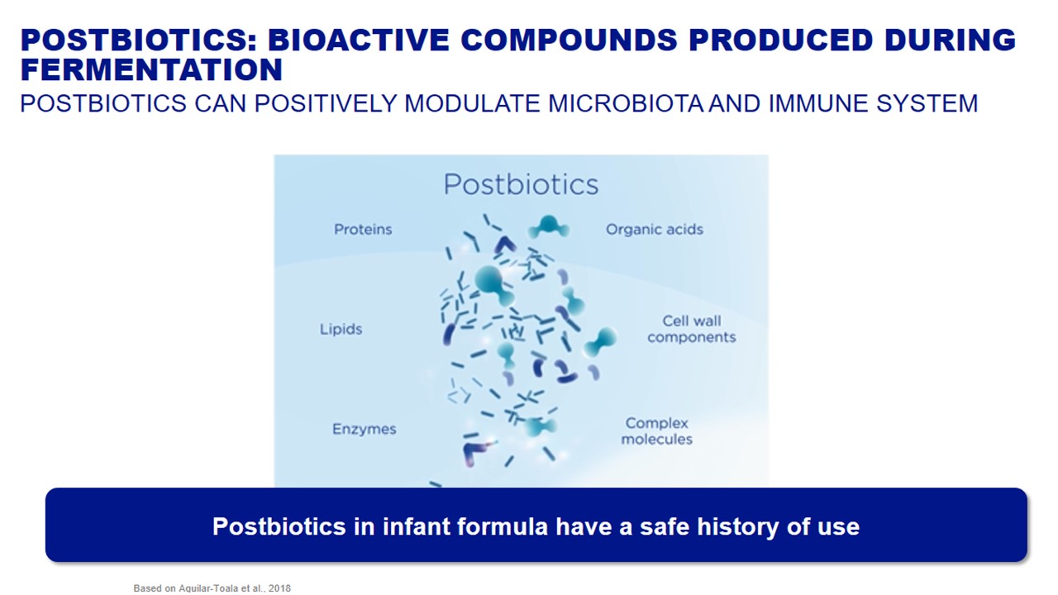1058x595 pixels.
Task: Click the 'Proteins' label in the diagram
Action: coord(363,230)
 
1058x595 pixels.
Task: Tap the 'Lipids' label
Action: coord(341,329)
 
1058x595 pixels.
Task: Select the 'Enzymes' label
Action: coord(365,429)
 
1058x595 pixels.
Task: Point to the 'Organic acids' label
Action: coord(655,230)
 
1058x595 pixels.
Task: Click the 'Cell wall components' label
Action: coord(692,329)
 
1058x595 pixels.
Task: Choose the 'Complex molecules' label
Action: coord(656,431)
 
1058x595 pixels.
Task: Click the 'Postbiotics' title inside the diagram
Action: coord(521,184)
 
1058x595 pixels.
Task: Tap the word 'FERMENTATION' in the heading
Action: coord(151,70)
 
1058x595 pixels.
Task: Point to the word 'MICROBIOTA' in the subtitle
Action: coord(626,104)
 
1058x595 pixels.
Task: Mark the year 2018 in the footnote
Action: coord(279,588)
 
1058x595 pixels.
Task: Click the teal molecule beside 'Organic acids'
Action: coord(548,227)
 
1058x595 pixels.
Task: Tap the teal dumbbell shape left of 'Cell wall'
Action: coord(600,342)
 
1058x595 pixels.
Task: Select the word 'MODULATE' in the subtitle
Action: coord(472,104)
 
